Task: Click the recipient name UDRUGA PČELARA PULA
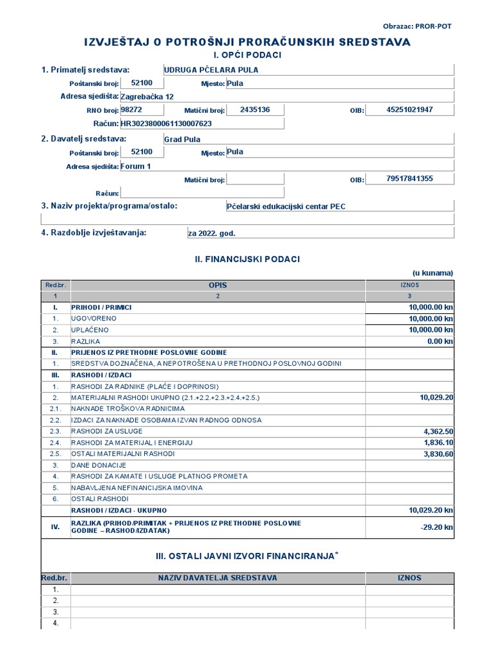[x=211, y=70]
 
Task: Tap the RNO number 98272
[x=131, y=110]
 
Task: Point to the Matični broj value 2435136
[x=255, y=110]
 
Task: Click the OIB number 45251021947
[x=410, y=110]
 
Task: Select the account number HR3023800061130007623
[x=166, y=123]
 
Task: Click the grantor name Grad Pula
[x=183, y=139]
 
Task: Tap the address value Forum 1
[x=136, y=166]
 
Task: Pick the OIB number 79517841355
[x=410, y=178]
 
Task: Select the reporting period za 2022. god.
[x=211, y=233]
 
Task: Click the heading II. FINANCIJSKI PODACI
[x=247, y=259]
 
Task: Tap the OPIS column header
[x=218, y=285]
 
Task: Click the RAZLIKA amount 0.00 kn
[x=440, y=341]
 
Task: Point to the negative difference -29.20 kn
[x=438, y=527]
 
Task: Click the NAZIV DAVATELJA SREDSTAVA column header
[x=218, y=578]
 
